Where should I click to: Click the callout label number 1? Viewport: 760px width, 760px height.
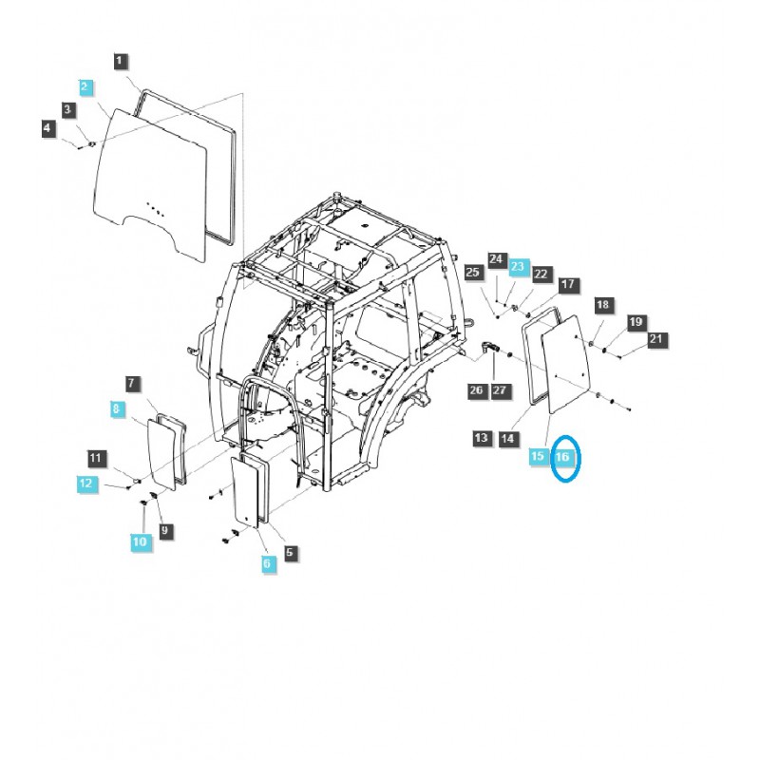pyautogui.click(x=119, y=62)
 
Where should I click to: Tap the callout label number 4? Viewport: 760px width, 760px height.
pyautogui.click(x=47, y=127)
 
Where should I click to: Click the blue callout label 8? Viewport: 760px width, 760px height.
pyautogui.click(x=115, y=409)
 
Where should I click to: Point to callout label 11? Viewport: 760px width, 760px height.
pyautogui.click(x=95, y=460)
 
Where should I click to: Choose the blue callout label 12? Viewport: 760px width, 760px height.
pyautogui.click(x=86, y=484)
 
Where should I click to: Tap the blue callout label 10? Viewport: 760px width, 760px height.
pyautogui.click(x=141, y=541)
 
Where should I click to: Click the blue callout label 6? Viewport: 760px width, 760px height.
pyautogui.click(x=266, y=563)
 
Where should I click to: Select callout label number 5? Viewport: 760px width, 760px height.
pyautogui.click(x=290, y=551)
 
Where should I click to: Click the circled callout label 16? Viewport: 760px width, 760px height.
pyautogui.click(x=563, y=458)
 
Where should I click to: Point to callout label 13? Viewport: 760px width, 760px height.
pyautogui.click(x=483, y=438)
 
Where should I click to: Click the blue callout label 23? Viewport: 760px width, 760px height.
pyautogui.click(x=519, y=269)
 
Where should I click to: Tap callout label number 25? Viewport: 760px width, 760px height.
pyautogui.click(x=473, y=274)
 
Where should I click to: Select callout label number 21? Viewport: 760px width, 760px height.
pyautogui.click(x=655, y=339)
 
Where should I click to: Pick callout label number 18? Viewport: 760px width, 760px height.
pyautogui.click(x=602, y=305)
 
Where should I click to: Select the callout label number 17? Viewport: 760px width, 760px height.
pyautogui.click(x=568, y=284)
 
